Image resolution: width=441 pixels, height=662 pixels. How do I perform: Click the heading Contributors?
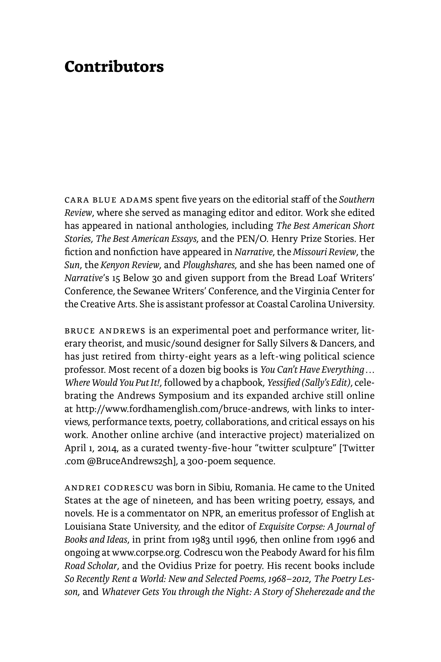point(114,67)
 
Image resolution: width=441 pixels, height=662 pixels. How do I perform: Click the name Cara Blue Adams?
point(109,200)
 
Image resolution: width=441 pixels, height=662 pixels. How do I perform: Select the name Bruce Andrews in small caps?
point(105,331)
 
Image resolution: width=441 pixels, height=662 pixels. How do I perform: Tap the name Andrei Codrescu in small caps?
point(109,488)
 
